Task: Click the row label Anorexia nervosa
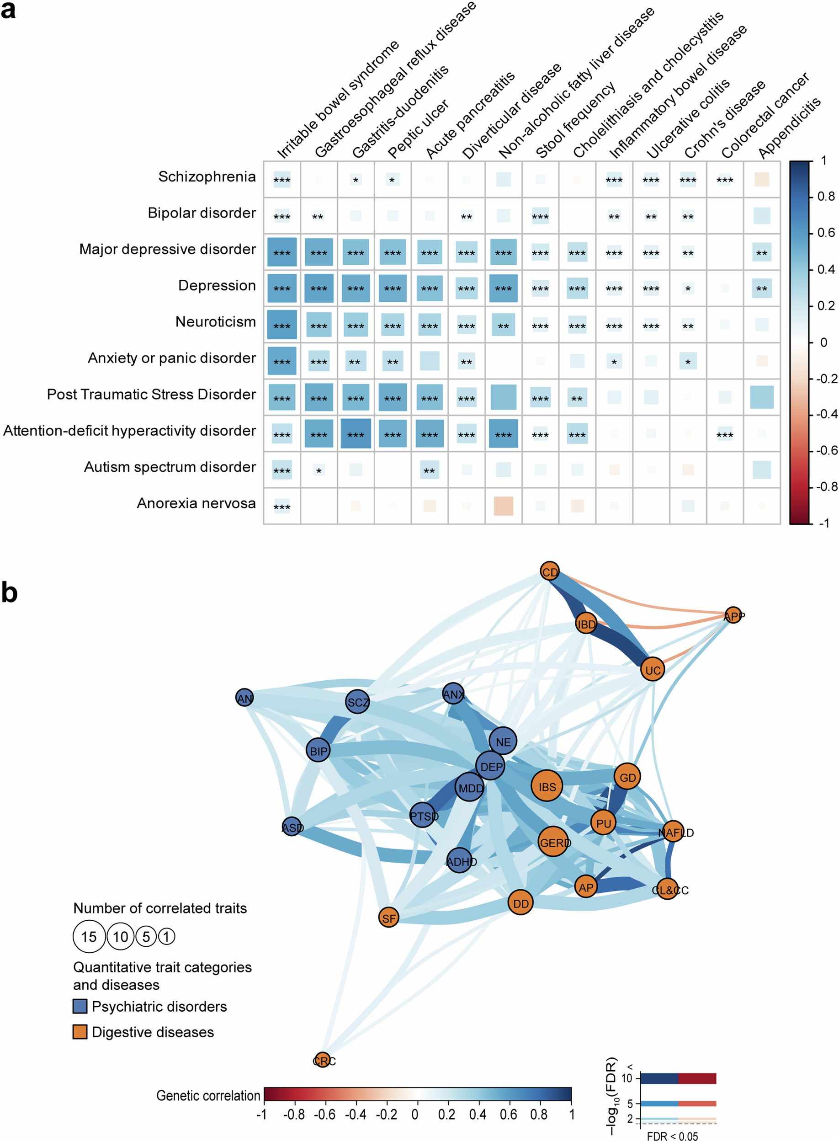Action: click(196, 503)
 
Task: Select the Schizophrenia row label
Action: click(207, 176)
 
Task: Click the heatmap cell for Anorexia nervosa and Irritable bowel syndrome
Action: click(282, 506)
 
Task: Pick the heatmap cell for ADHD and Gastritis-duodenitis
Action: click(356, 433)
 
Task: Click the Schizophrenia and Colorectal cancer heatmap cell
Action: click(725, 179)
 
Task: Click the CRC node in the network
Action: click(323, 1060)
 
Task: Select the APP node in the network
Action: click(733, 616)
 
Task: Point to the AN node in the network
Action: click(244, 698)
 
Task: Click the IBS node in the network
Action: click(547, 786)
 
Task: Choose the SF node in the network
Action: click(388, 918)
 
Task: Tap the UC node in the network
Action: click(653, 670)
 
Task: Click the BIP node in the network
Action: click(319, 750)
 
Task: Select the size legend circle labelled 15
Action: click(89, 936)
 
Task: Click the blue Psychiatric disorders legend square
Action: click(80, 1006)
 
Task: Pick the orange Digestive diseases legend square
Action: click(80, 1032)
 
